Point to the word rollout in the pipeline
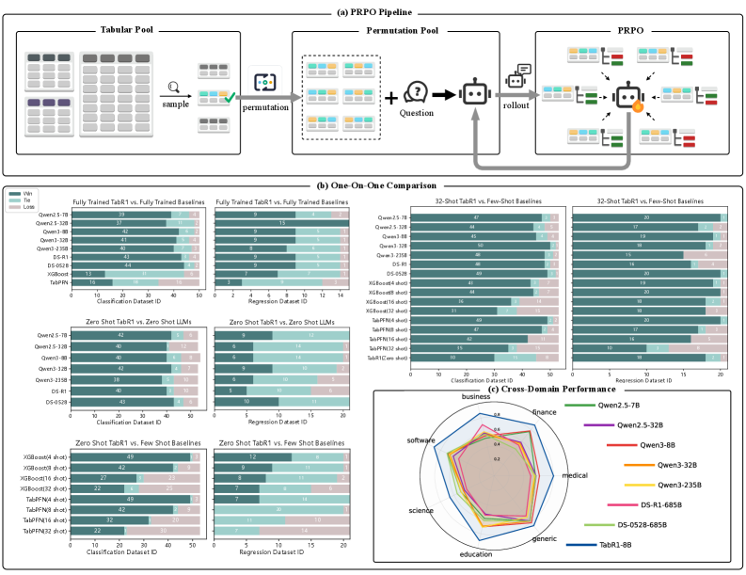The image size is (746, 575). [515, 104]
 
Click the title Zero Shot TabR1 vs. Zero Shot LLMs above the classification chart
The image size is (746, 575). [132, 322]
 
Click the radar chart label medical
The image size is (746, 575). [575, 476]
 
